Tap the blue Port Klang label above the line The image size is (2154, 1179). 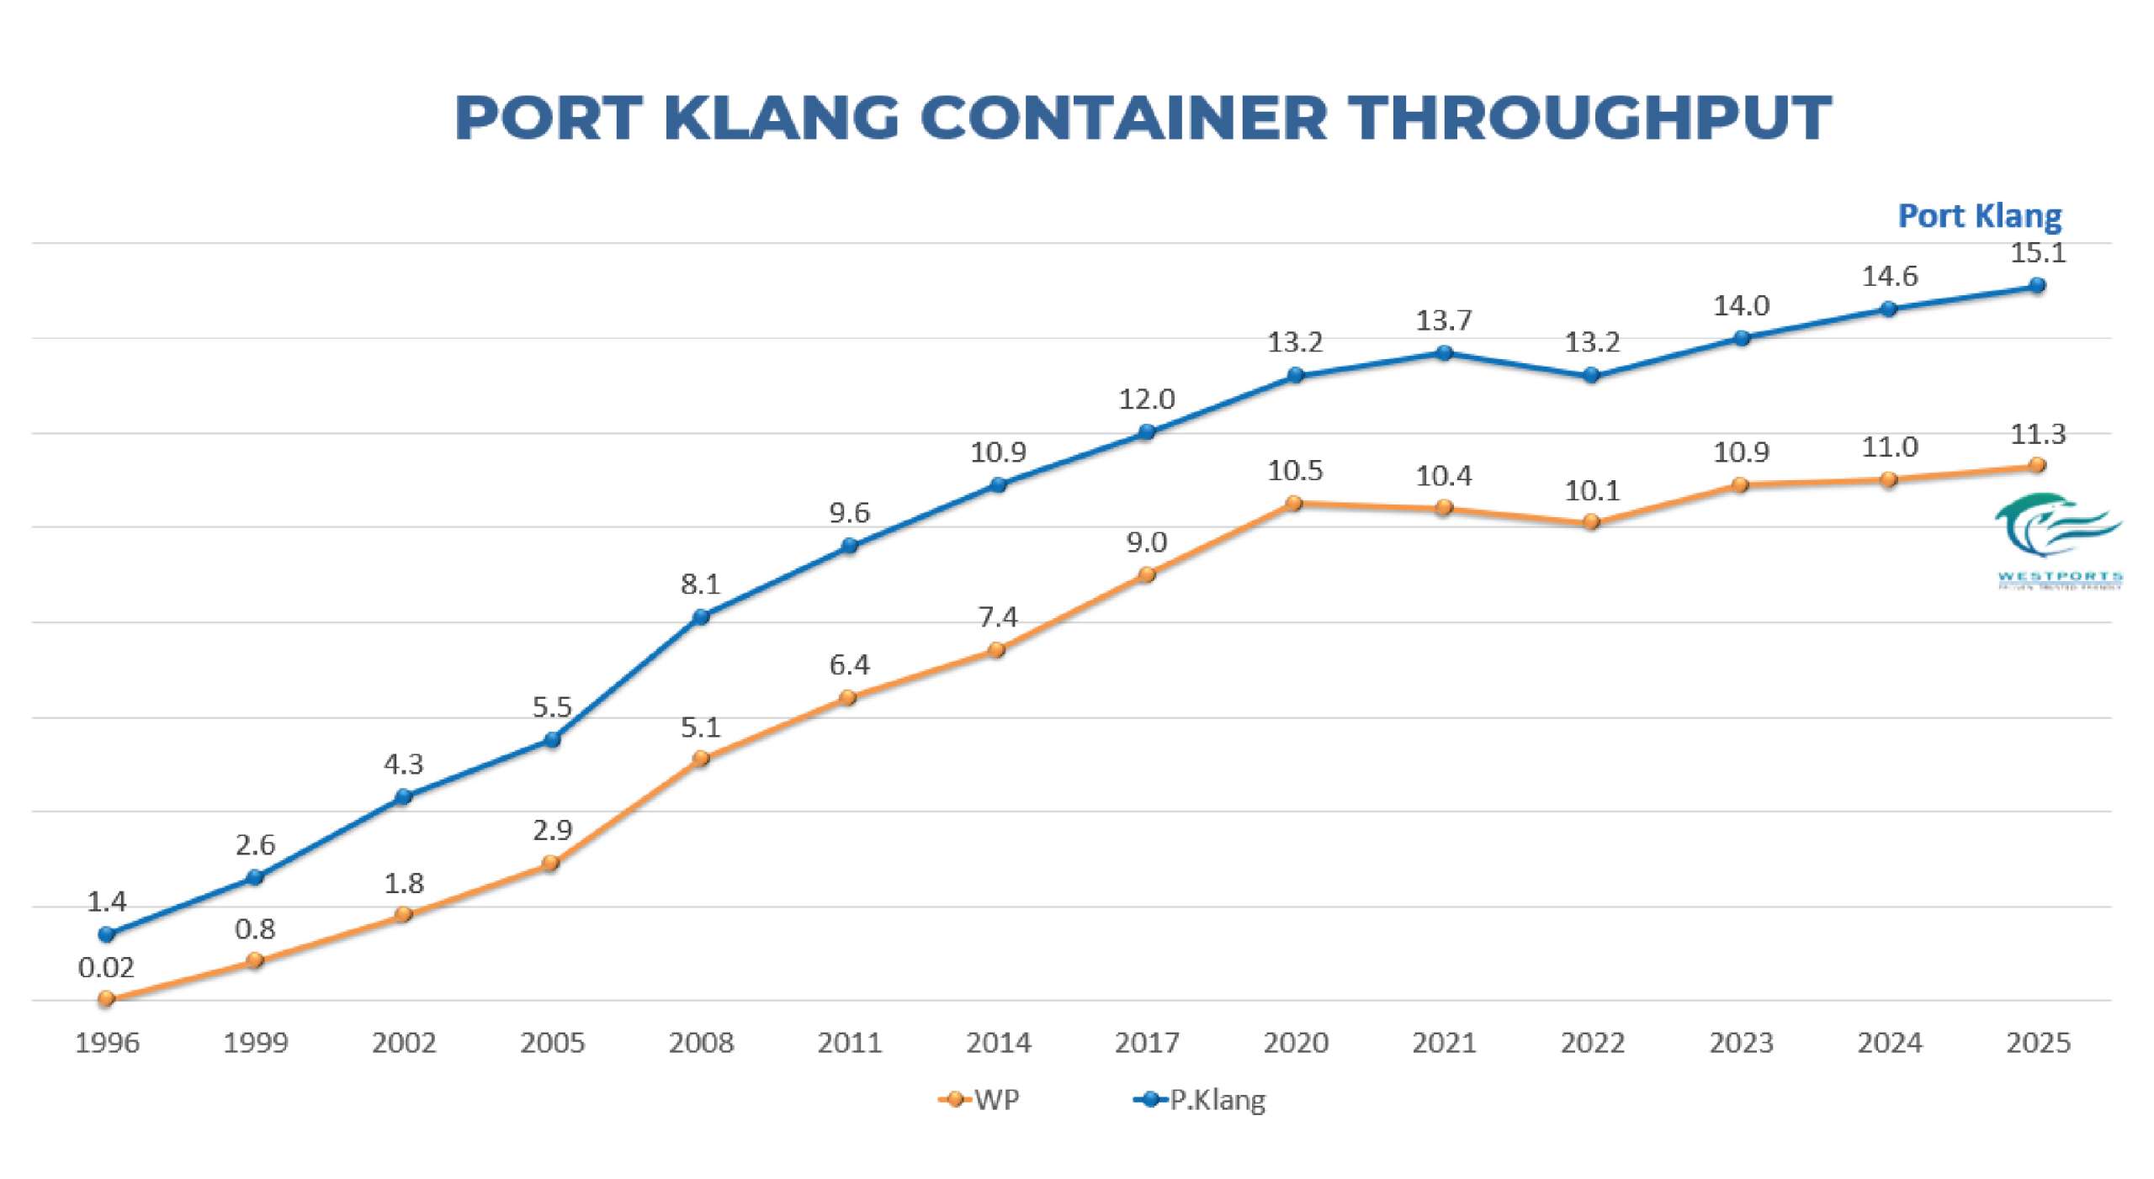(x=1979, y=216)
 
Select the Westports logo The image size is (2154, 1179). (x=2058, y=539)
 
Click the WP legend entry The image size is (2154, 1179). (x=979, y=1099)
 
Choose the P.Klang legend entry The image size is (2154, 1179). (x=1201, y=1099)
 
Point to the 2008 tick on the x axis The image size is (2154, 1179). (x=701, y=1043)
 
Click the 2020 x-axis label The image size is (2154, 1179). (x=1295, y=1043)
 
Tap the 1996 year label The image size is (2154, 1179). (x=107, y=1043)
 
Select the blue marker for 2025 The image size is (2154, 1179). (x=2037, y=286)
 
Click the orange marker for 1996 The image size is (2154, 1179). (x=106, y=999)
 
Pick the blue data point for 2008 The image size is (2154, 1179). (x=701, y=617)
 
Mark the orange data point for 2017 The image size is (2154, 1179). (x=1146, y=575)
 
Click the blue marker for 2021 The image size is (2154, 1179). (x=1444, y=353)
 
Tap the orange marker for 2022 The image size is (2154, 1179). (x=1591, y=522)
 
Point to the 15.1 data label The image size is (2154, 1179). (x=2037, y=253)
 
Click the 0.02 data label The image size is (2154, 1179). (x=106, y=968)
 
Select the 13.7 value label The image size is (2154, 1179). (x=1444, y=320)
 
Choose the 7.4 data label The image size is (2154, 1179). (x=998, y=618)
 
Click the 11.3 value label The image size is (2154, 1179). (x=2037, y=435)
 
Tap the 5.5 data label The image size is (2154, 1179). (x=552, y=707)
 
